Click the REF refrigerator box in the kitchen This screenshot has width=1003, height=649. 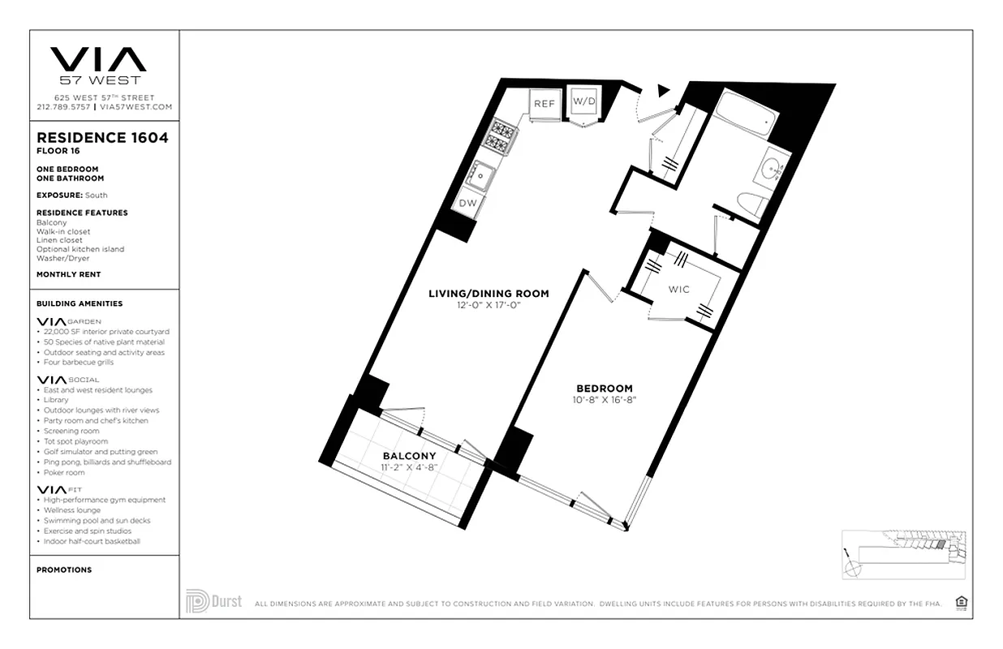click(x=544, y=104)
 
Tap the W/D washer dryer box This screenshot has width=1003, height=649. click(x=583, y=102)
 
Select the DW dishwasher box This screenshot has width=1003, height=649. click(x=468, y=203)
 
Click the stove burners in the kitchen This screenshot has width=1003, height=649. click(x=497, y=135)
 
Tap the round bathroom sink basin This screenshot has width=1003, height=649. click(x=772, y=170)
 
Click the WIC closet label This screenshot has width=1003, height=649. click(x=678, y=290)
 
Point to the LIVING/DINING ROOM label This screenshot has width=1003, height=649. click(x=489, y=294)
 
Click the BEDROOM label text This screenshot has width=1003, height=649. click(x=604, y=389)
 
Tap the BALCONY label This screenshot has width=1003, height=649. click(x=409, y=456)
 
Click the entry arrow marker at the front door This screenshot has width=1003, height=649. click(x=664, y=90)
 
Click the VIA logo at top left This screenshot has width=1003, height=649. click(x=98, y=59)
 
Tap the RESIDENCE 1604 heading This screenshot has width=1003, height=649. click(x=102, y=138)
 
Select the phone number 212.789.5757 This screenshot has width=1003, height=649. click(x=63, y=107)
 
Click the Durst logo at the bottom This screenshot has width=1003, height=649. click(x=213, y=601)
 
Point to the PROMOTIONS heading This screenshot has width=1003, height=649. click(x=64, y=569)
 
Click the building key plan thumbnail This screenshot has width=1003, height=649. click(x=902, y=553)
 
